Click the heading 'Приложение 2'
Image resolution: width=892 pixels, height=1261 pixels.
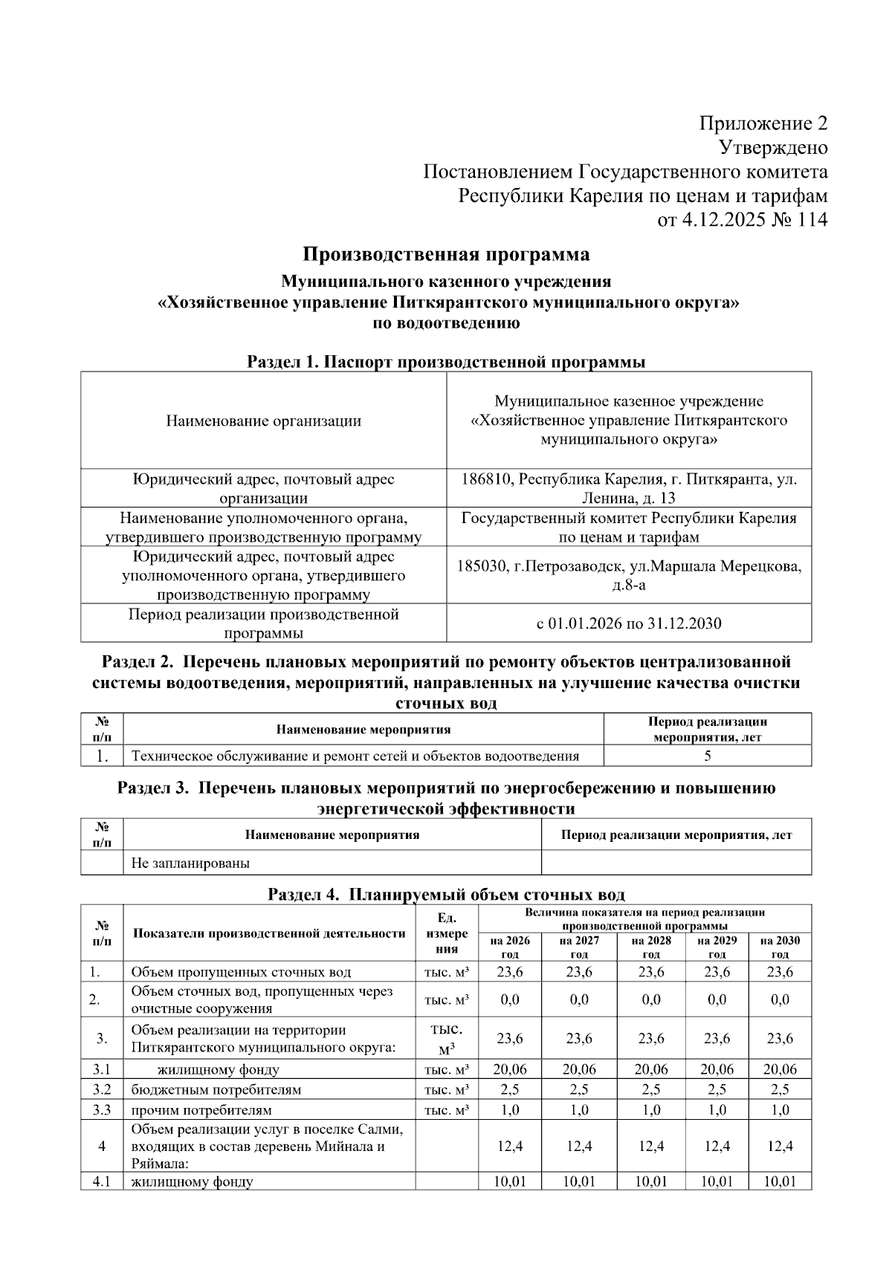tap(763, 123)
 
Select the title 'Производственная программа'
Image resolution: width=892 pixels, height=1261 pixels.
tap(446, 255)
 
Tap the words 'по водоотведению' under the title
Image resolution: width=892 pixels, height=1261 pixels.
tap(446, 323)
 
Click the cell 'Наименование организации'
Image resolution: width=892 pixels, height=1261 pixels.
tap(263, 421)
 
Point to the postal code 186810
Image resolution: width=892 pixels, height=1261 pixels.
tap(486, 479)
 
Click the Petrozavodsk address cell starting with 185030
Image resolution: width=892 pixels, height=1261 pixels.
tap(629, 575)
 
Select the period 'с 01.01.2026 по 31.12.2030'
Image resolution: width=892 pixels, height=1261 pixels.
tap(629, 623)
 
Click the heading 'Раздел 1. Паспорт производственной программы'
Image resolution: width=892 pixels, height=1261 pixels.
tap(446, 363)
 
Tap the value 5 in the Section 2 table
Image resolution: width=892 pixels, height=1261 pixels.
tap(708, 756)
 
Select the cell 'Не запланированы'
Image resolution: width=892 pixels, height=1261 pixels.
tap(190, 863)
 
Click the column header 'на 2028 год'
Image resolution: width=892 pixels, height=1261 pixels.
tap(650, 947)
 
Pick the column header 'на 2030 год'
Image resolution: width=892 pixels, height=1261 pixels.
tap(780, 947)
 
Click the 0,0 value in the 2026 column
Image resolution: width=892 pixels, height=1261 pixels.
tap(510, 1000)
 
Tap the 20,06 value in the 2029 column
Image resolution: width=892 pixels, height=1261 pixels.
tap(717, 1070)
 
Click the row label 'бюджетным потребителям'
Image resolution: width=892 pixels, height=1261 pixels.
tap(216, 1090)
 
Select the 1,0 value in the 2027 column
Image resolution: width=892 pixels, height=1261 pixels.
tap(579, 1110)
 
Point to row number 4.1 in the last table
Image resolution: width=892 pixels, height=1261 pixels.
tap(101, 1181)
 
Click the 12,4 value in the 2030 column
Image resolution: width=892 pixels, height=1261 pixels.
tap(780, 1147)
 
